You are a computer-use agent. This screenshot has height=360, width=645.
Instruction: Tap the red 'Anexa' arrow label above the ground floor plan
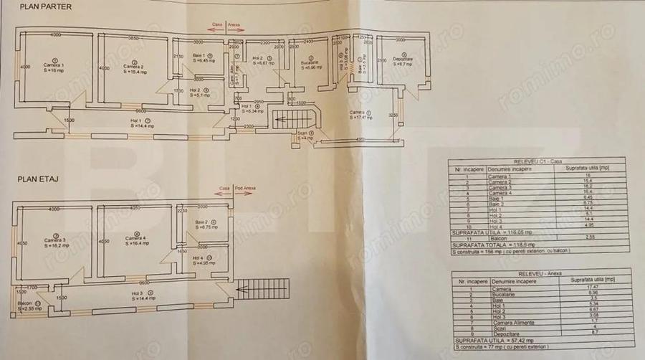(x=234, y=24)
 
